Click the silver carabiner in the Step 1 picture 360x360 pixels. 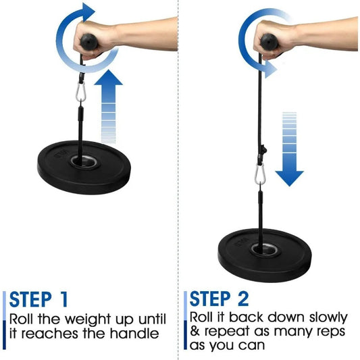pos(81,92)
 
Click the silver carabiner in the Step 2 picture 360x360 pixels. pos(260,174)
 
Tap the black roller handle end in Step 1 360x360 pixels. pos(89,41)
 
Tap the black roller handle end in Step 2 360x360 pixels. pos(269,41)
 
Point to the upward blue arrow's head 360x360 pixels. pos(108,78)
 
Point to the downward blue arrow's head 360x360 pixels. pos(290,178)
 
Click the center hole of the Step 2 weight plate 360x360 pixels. pos(265,249)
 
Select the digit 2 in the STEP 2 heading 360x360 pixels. pos(242,299)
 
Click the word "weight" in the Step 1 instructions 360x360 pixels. pos(88,319)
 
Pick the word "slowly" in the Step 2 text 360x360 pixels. pos(328,318)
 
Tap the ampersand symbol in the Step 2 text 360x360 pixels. pos(195,332)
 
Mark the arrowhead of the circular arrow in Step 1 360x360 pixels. pos(88,12)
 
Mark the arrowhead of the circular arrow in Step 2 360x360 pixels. pos(271,70)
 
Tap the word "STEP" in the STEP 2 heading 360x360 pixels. pos(210,299)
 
